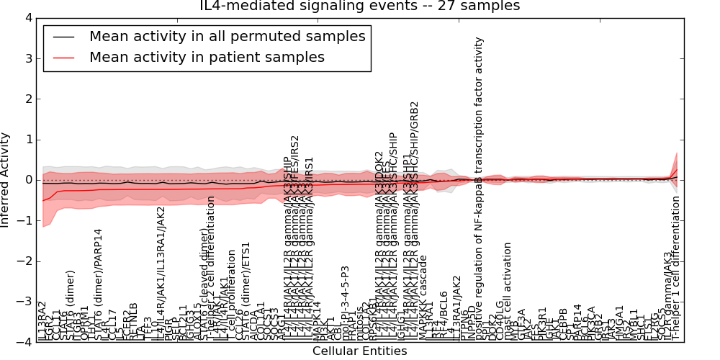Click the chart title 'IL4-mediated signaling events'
click(x=359, y=6)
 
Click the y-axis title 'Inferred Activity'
click(x=6, y=179)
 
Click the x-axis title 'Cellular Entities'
click(x=359, y=351)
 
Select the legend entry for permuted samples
click(x=227, y=36)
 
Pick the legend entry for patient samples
click(x=207, y=57)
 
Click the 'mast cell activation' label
click(x=508, y=291)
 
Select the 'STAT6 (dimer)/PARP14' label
click(x=99, y=284)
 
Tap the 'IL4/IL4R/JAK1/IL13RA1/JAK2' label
click(x=161, y=273)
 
